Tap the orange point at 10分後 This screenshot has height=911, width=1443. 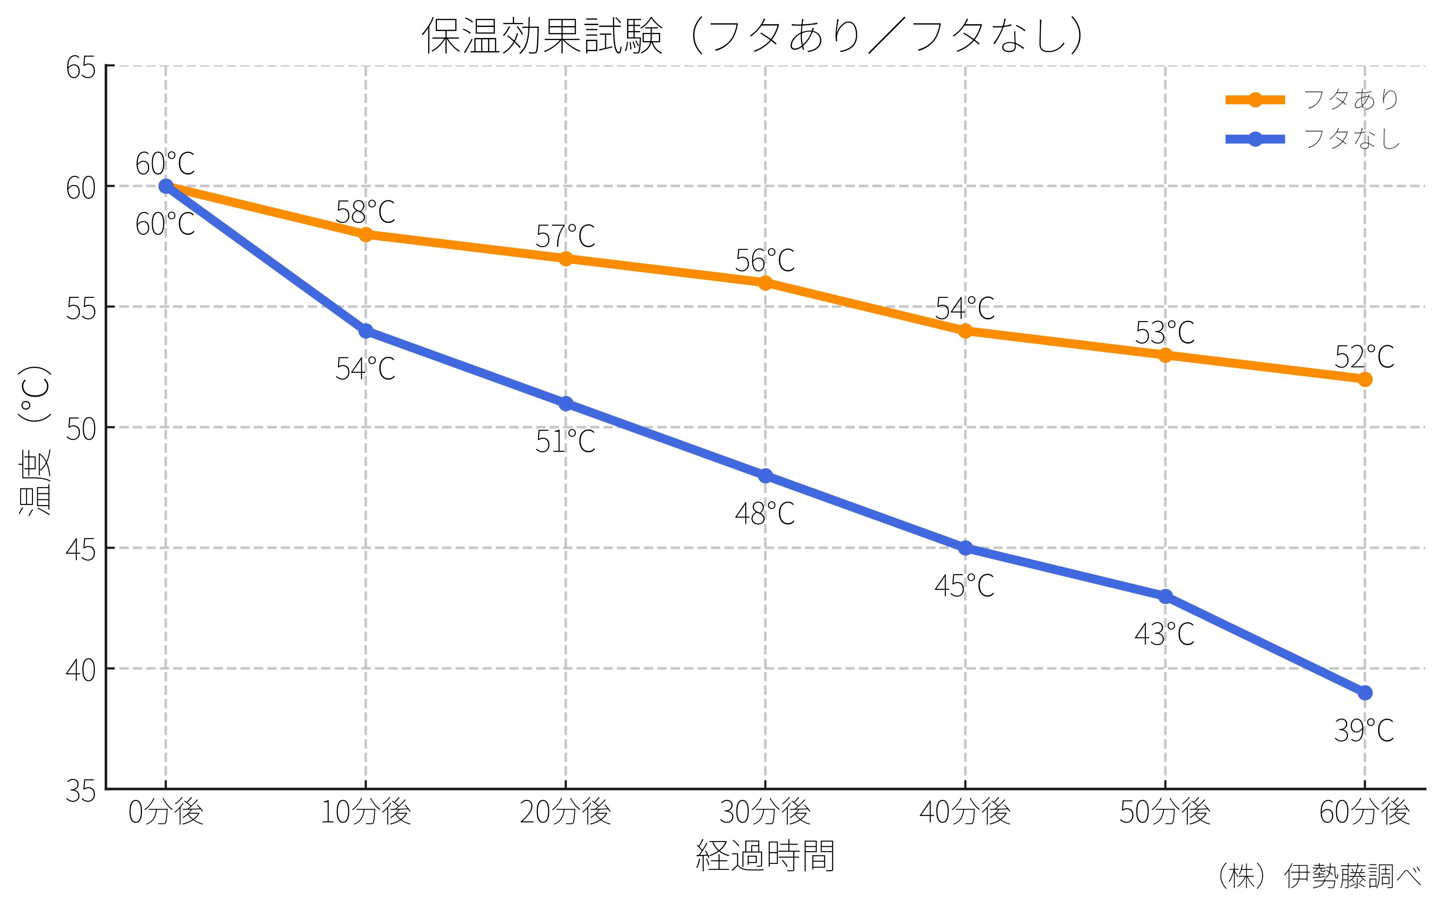pos(365,234)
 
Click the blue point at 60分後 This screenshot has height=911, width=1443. pos(1364,693)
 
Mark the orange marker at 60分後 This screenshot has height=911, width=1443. pos(1364,379)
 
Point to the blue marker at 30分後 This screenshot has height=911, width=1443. pos(765,476)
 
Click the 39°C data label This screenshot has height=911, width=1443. pos(1364,731)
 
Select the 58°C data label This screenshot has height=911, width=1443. pos(365,212)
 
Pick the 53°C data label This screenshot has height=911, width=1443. pos(1164,333)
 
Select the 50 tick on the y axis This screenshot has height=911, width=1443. pos(81,429)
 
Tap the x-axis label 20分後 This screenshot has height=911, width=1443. pos(565,813)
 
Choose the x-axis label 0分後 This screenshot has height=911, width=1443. pos(166,813)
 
